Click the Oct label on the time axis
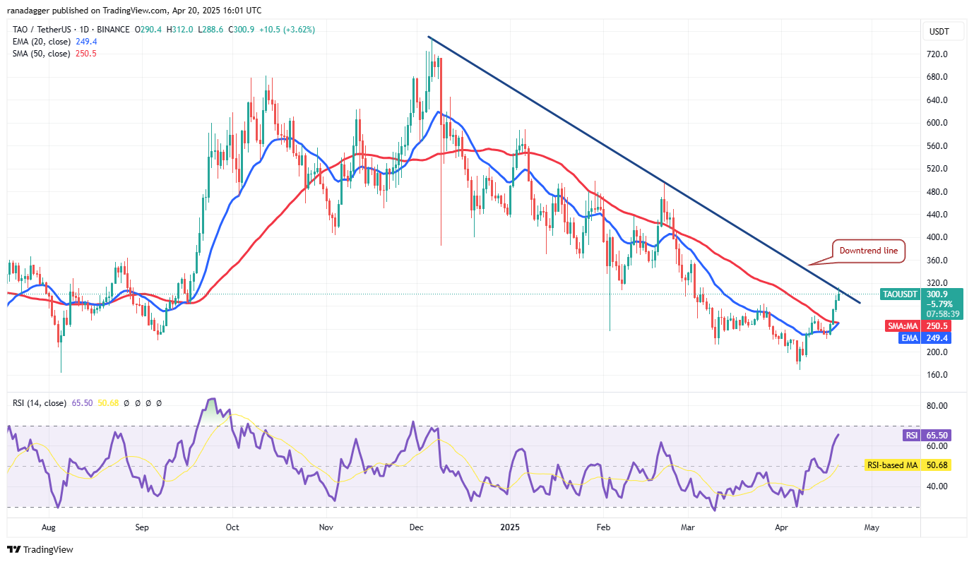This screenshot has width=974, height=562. (232, 527)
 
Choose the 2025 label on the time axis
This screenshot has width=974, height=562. (510, 527)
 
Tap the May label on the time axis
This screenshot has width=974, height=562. (872, 527)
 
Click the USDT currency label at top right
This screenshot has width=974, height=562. (939, 32)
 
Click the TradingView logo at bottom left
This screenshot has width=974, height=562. (41, 549)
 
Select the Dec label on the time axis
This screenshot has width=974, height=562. (416, 527)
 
